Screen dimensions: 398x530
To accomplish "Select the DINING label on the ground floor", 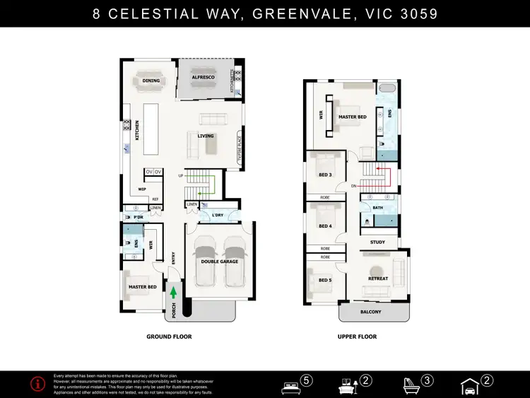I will pyautogui.click(x=151, y=81).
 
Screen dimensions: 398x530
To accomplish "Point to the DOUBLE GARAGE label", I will pyautogui.click(x=218, y=261).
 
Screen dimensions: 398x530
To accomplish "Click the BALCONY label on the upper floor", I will pyautogui.click(x=370, y=312).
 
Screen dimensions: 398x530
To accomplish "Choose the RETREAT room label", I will pyautogui.click(x=378, y=279).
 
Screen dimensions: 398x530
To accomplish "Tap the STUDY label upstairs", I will pyautogui.click(x=378, y=242).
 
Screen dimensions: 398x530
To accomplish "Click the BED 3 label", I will pyautogui.click(x=325, y=175).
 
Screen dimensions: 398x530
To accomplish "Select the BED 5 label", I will pyautogui.click(x=325, y=280).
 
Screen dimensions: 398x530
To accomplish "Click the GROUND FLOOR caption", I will pyautogui.click(x=169, y=337).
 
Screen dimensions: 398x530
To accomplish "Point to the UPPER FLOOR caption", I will pyautogui.click(x=357, y=337).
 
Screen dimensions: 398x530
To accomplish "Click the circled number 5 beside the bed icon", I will pyautogui.click(x=307, y=380).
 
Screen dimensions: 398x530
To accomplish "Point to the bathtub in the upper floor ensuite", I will pyautogui.click(x=387, y=89).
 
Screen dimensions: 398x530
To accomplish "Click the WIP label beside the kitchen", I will pyautogui.click(x=142, y=189).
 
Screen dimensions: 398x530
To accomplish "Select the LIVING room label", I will pyautogui.click(x=206, y=136).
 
